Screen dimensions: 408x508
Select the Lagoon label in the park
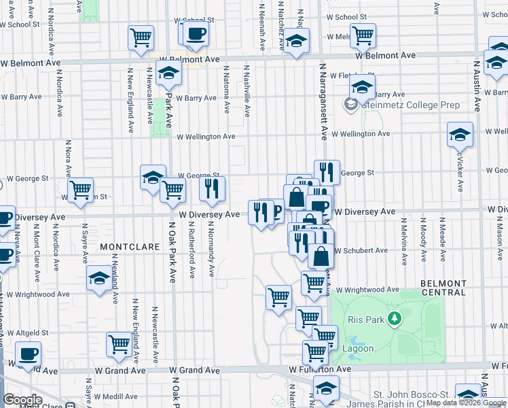click(357, 348)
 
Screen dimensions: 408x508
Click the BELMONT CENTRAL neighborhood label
click(443, 288)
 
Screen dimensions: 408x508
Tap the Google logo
click(22, 400)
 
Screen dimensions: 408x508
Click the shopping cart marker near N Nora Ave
click(81, 190)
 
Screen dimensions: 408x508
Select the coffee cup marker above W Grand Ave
click(28, 354)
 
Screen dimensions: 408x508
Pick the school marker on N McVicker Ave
click(460, 135)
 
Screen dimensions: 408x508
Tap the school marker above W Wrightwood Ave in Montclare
click(99, 277)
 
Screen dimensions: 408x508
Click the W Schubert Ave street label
click(361, 251)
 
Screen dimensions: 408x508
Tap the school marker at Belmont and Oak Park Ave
click(168, 73)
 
